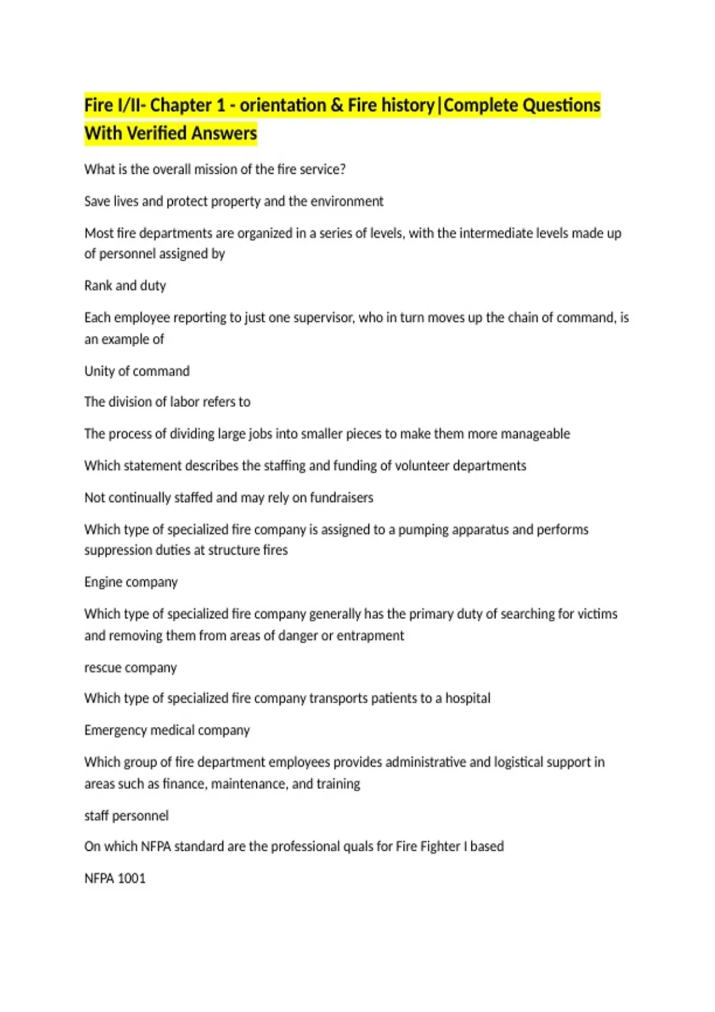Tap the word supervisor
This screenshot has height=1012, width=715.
(x=324, y=318)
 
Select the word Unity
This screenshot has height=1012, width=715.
(x=99, y=371)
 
